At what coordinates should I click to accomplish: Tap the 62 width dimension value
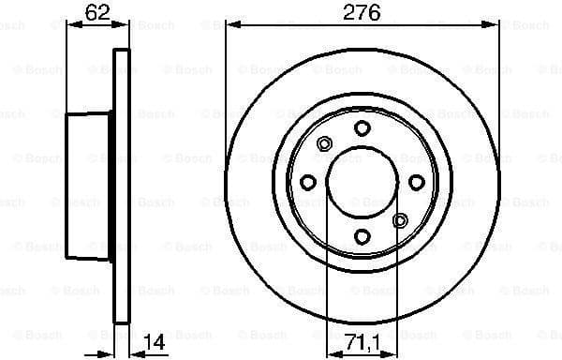[96, 12]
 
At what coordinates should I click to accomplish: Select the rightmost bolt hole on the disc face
[417, 183]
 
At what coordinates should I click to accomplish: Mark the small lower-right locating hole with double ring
[400, 220]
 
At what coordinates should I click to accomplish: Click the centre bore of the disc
[362, 183]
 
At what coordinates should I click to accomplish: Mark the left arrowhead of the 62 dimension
[70, 25]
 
